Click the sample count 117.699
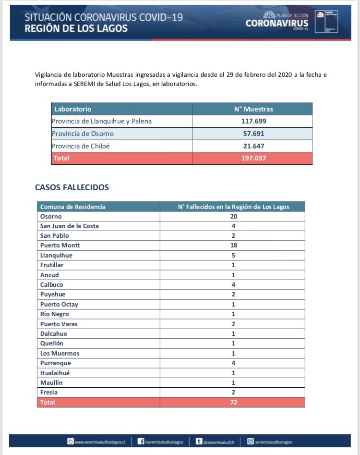pos(252,121)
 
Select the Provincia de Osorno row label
pos(83,134)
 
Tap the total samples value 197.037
pos(252,158)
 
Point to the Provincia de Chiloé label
pos(81,146)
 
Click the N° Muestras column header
pos(252,109)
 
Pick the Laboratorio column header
pos(73,109)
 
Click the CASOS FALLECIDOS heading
pos(72,187)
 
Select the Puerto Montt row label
pos(60,246)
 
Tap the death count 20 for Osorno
pos(234,216)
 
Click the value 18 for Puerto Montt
pos(234,246)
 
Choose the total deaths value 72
pos(234,402)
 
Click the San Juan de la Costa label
pos(70,226)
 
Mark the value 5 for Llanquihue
pos(234,255)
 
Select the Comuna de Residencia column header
pos(73,207)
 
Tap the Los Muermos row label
pos(60,353)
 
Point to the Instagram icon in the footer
pos(250,442)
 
